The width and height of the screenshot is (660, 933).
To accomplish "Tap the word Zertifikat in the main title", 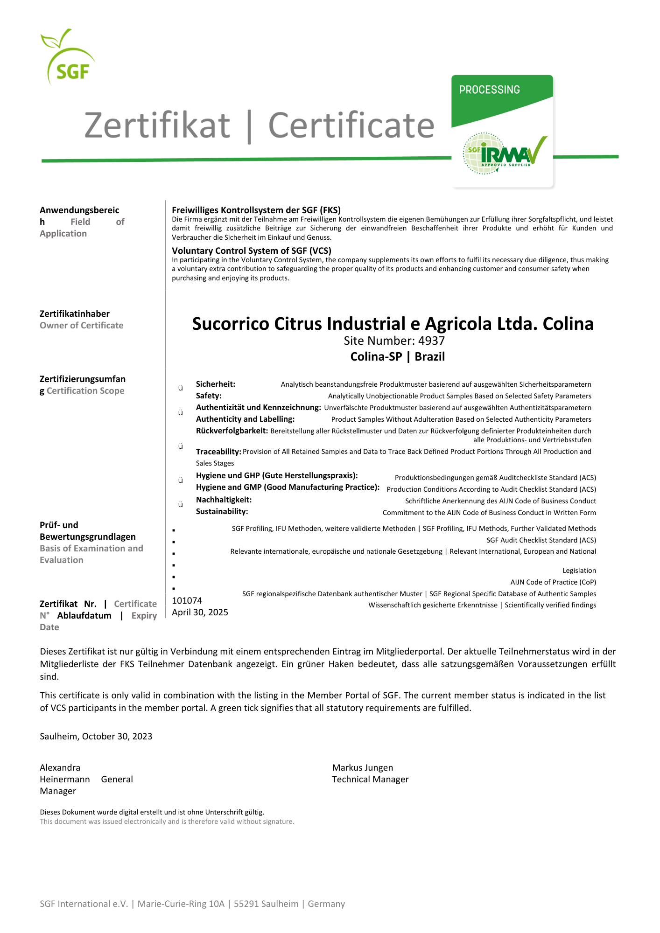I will [157, 125].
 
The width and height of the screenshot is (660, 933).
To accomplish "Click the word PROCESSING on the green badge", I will [489, 90].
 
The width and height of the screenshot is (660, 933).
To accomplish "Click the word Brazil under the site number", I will [429, 356].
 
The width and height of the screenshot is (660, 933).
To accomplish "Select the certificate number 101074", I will [187, 600].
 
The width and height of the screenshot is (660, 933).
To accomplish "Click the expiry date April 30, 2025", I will [200, 612].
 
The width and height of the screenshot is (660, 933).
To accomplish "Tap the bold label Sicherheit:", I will [215, 384].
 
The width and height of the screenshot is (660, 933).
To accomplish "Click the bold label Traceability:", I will [218, 452].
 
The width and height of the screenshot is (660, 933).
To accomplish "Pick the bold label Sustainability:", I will [222, 511].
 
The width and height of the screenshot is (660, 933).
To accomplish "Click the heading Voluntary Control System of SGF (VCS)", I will [252, 251].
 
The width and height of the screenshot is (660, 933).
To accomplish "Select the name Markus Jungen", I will [362, 767].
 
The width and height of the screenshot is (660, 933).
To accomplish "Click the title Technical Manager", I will [370, 779].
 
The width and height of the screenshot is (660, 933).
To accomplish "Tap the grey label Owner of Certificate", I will [82, 325].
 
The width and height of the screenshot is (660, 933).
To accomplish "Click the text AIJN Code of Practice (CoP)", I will [553, 582].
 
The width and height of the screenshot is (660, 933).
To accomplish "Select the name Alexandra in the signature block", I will [60, 767].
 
